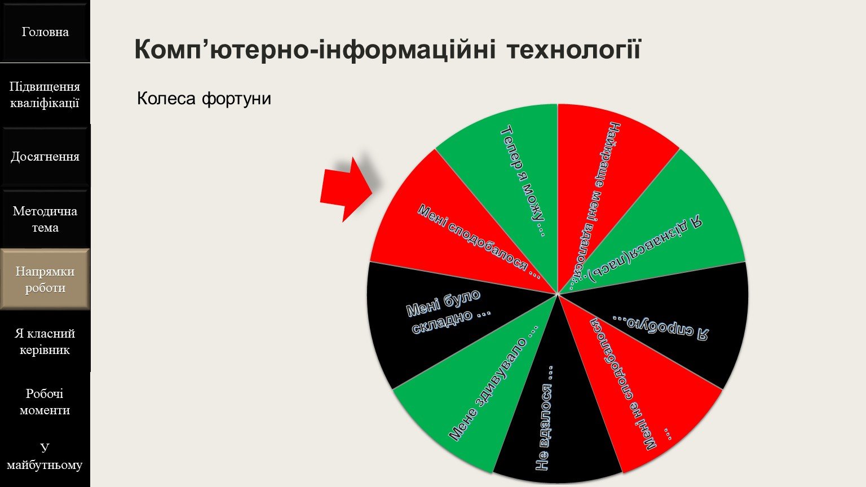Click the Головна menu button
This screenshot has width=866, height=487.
(x=45, y=32)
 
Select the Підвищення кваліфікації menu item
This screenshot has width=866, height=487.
(x=45, y=95)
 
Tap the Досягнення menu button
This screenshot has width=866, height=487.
(x=45, y=157)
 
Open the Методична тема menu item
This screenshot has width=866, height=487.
(x=45, y=219)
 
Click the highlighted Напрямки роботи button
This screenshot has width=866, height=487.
(x=45, y=280)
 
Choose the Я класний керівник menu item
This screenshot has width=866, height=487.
(x=45, y=342)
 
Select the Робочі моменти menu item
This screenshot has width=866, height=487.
(x=45, y=401)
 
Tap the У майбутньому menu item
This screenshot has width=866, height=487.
(x=45, y=456)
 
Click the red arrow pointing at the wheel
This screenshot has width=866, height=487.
(x=347, y=189)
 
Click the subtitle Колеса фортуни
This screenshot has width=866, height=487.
(x=204, y=99)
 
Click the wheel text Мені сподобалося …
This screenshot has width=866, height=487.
(x=479, y=242)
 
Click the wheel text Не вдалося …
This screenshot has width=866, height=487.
(x=545, y=418)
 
